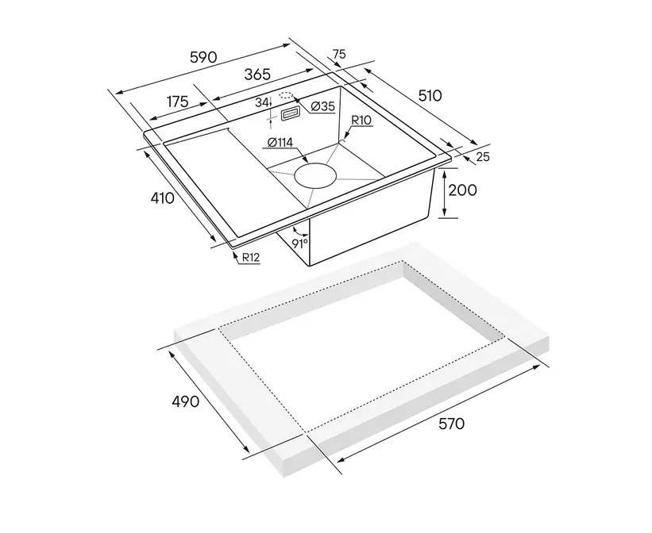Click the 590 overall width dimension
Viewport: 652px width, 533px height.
[x=203, y=57]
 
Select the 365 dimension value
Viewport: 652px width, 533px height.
[x=257, y=75]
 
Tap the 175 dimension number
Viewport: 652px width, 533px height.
[x=178, y=102]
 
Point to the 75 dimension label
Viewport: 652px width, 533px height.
[x=339, y=54]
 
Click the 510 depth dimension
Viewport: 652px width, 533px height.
[x=430, y=96]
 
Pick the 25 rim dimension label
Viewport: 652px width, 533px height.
[x=483, y=156]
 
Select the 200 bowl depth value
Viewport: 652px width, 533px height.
[x=462, y=190]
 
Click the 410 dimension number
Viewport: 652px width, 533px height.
[x=162, y=198]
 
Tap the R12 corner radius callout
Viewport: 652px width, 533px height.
[x=251, y=258]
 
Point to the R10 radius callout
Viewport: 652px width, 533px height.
[x=361, y=121]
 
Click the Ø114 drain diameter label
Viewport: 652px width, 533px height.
[x=280, y=143]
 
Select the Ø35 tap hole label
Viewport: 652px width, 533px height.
[x=322, y=106]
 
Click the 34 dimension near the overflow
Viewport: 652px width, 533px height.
[x=261, y=102]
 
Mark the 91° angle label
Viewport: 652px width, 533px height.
[x=299, y=243]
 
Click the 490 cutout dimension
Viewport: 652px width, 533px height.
[x=186, y=401]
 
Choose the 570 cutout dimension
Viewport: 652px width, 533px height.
[x=451, y=424]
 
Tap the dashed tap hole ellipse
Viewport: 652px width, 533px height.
[x=286, y=95]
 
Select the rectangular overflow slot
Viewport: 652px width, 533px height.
[x=290, y=114]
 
